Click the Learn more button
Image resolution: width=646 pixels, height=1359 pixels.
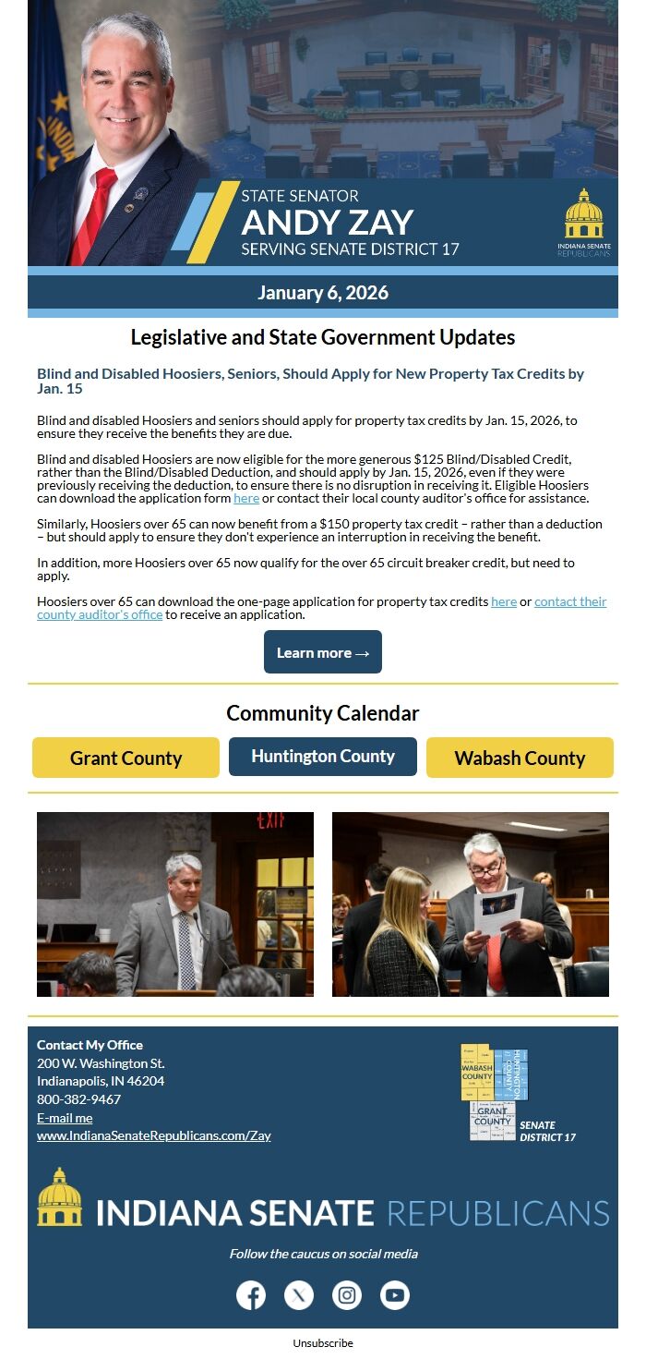[x=323, y=652]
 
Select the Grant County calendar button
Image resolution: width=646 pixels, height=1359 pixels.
[x=126, y=758]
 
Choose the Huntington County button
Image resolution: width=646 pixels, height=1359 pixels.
[x=323, y=756]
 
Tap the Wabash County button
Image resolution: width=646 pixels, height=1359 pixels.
[x=520, y=758]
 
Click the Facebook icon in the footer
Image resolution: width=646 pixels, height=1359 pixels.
[x=251, y=1295]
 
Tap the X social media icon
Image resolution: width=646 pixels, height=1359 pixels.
[x=299, y=1295]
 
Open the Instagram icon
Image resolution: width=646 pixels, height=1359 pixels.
[x=347, y=1295]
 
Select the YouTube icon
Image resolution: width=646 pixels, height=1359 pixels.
[x=395, y=1295]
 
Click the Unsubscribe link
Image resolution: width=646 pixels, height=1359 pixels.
[x=323, y=1343]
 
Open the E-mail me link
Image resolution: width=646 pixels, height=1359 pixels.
[x=65, y=1118]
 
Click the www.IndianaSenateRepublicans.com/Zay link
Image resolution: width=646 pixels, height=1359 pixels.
[x=154, y=1135]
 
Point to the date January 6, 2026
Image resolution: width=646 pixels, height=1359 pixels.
[x=323, y=293]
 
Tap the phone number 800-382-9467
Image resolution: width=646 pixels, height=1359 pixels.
[x=78, y=1099]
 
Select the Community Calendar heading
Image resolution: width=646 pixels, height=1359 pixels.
[x=323, y=713]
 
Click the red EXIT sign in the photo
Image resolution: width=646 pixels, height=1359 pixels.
[x=270, y=820]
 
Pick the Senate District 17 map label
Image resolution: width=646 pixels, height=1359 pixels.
[x=547, y=1131]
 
